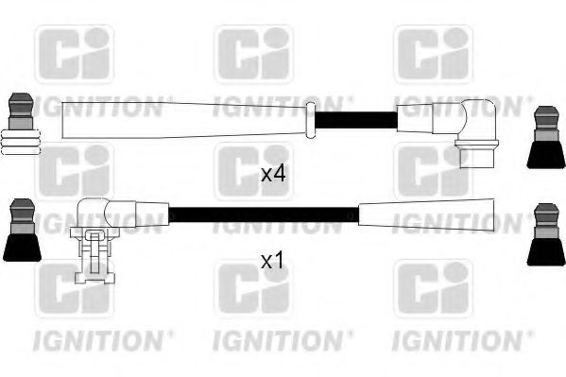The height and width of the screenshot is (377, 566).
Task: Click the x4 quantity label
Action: tap(273, 174)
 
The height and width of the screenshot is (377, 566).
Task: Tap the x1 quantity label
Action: tap(272, 261)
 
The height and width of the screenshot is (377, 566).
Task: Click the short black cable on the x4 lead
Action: tap(356, 120)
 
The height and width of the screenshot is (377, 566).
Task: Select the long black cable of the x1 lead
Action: tap(264, 214)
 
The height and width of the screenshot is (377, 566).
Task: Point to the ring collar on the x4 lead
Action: tap(311, 121)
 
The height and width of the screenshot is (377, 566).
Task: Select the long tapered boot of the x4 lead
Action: tap(184, 120)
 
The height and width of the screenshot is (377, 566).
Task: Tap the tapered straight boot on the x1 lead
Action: tap(426, 215)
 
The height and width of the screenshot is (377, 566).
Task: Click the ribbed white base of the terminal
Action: tap(21, 143)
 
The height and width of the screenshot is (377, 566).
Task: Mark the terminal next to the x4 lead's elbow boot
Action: tap(546, 137)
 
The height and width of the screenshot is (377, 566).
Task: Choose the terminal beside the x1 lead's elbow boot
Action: tap(23, 230)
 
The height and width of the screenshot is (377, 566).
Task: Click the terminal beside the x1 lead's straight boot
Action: tap(546, 234)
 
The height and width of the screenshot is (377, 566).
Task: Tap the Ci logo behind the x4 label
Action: tap(254, 172)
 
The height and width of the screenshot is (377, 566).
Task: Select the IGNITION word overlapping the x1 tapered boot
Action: tap(458, 223)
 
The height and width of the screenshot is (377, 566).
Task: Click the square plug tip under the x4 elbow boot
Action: tap(477, 158)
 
